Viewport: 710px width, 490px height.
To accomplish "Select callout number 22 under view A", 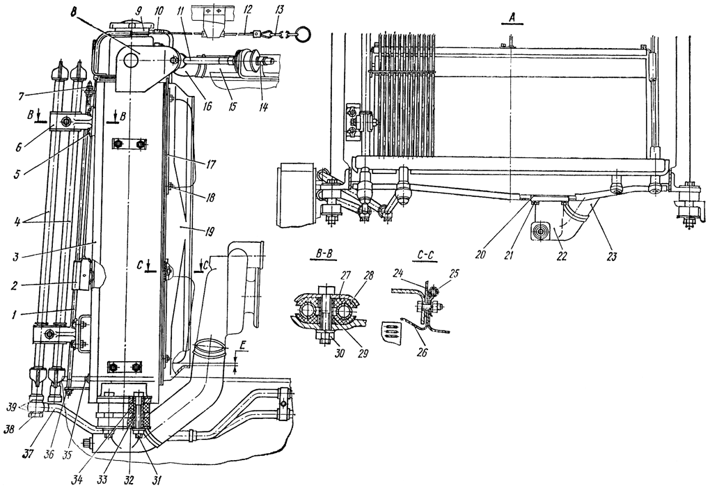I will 562,256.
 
